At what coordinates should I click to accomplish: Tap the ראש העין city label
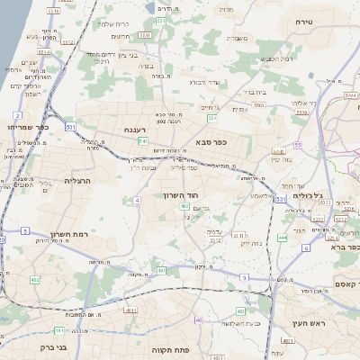pyautogui.click(x=308, y=323)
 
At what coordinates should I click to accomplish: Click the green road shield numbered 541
pyautogui.click(x=143, y=141)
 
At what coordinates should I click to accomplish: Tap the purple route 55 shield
pyautogui.click(x=297, y=145)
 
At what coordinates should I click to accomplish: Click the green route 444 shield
pyautogui.click(x=282, y=238)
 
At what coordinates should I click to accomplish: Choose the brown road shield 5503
pyautogui.click(x=258, y=104)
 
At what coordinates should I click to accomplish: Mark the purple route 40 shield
pyautogui.click(x=197, y=320)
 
